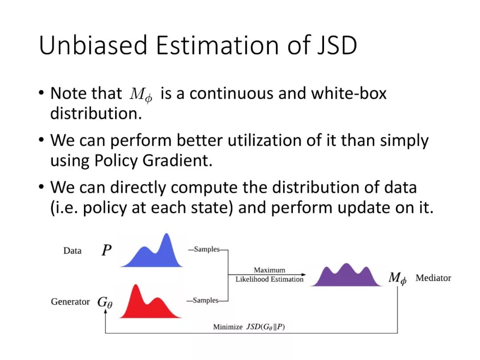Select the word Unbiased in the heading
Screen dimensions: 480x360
click(x=93, y=45)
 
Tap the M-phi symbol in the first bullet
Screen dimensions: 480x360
click(x=140, y=95)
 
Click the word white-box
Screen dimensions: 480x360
click(x=349, y=93)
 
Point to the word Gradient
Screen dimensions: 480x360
click(x=177, y=160)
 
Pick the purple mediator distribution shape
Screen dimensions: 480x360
click(x=346, y=275)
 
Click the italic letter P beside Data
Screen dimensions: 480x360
click(x=107, y=250)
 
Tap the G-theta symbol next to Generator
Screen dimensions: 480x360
click(x=105, y=302)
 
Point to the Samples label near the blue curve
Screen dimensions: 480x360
click(x=207, y=249)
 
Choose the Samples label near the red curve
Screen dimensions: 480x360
click(x=205, y=300)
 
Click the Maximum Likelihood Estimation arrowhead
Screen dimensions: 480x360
click(x=304, y=275)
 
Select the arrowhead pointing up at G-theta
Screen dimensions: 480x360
click(x=105, y=311)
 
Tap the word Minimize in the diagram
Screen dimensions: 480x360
click(x=228, y=327)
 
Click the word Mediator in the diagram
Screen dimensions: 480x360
click(x=433, y=278)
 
